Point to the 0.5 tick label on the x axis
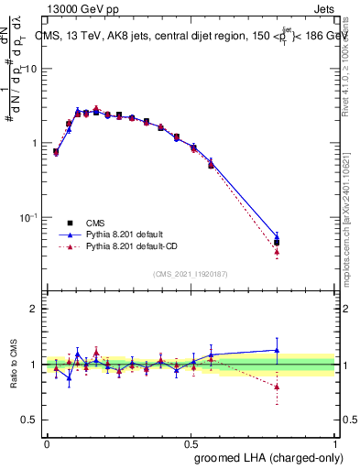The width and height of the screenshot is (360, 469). coord(191,443)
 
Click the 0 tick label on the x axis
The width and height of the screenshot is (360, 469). coord(47,443)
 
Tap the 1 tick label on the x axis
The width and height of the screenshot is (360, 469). coord(336,443)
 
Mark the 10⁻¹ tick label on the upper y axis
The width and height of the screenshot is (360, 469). coord(32,217)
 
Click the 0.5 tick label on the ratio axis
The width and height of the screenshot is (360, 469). coord(30,421)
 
